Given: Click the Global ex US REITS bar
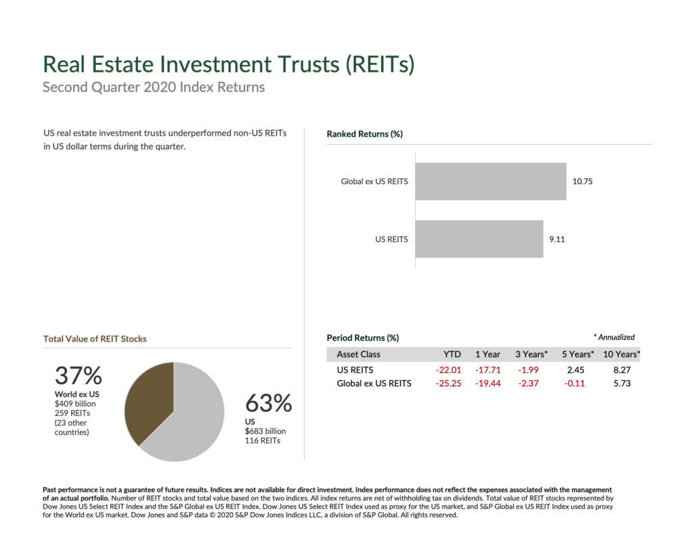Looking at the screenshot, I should click(x=491, y=181).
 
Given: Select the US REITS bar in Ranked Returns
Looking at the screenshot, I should click(x=479, y=239).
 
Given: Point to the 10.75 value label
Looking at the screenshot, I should click(x=583, y=181).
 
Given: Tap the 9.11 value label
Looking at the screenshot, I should click(x=558, y=239).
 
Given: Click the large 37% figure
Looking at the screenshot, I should click(x=78, y=376).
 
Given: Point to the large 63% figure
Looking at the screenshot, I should click(x=268, y=404).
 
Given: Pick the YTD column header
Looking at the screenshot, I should click(x=452, y=354).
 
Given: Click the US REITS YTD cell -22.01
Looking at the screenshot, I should click(x=449, y=371).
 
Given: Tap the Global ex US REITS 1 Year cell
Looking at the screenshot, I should click(x=487, y=384).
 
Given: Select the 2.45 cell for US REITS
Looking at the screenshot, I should click(x=575, y=371).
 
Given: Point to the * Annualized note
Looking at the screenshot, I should click(x=614, y=338).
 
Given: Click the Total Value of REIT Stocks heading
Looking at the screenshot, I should click(x=95, y=339).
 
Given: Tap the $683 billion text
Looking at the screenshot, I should click(x=265, y=431).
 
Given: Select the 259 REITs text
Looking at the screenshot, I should click(x=72, y=413).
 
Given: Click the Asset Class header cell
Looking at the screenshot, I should click(x=358, y=354).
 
